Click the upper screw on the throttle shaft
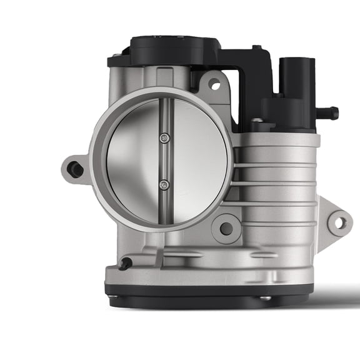click(x=164, y=139)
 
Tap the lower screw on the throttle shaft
click(x=164, y=184)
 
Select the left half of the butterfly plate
click(x=132, y=161)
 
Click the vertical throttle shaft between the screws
click(x=164, y=161)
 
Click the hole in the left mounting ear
click(x=75, y=168)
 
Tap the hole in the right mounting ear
click(x=339, y=221)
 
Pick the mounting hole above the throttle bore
click(x=214, y=82)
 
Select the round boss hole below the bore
click(x=226, y=229)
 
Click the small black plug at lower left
click(x=126, y=264)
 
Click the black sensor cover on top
click(x=175, y=49)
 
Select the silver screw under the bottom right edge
click(x=265, y=297)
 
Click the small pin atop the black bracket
click(x=256, y=47)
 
